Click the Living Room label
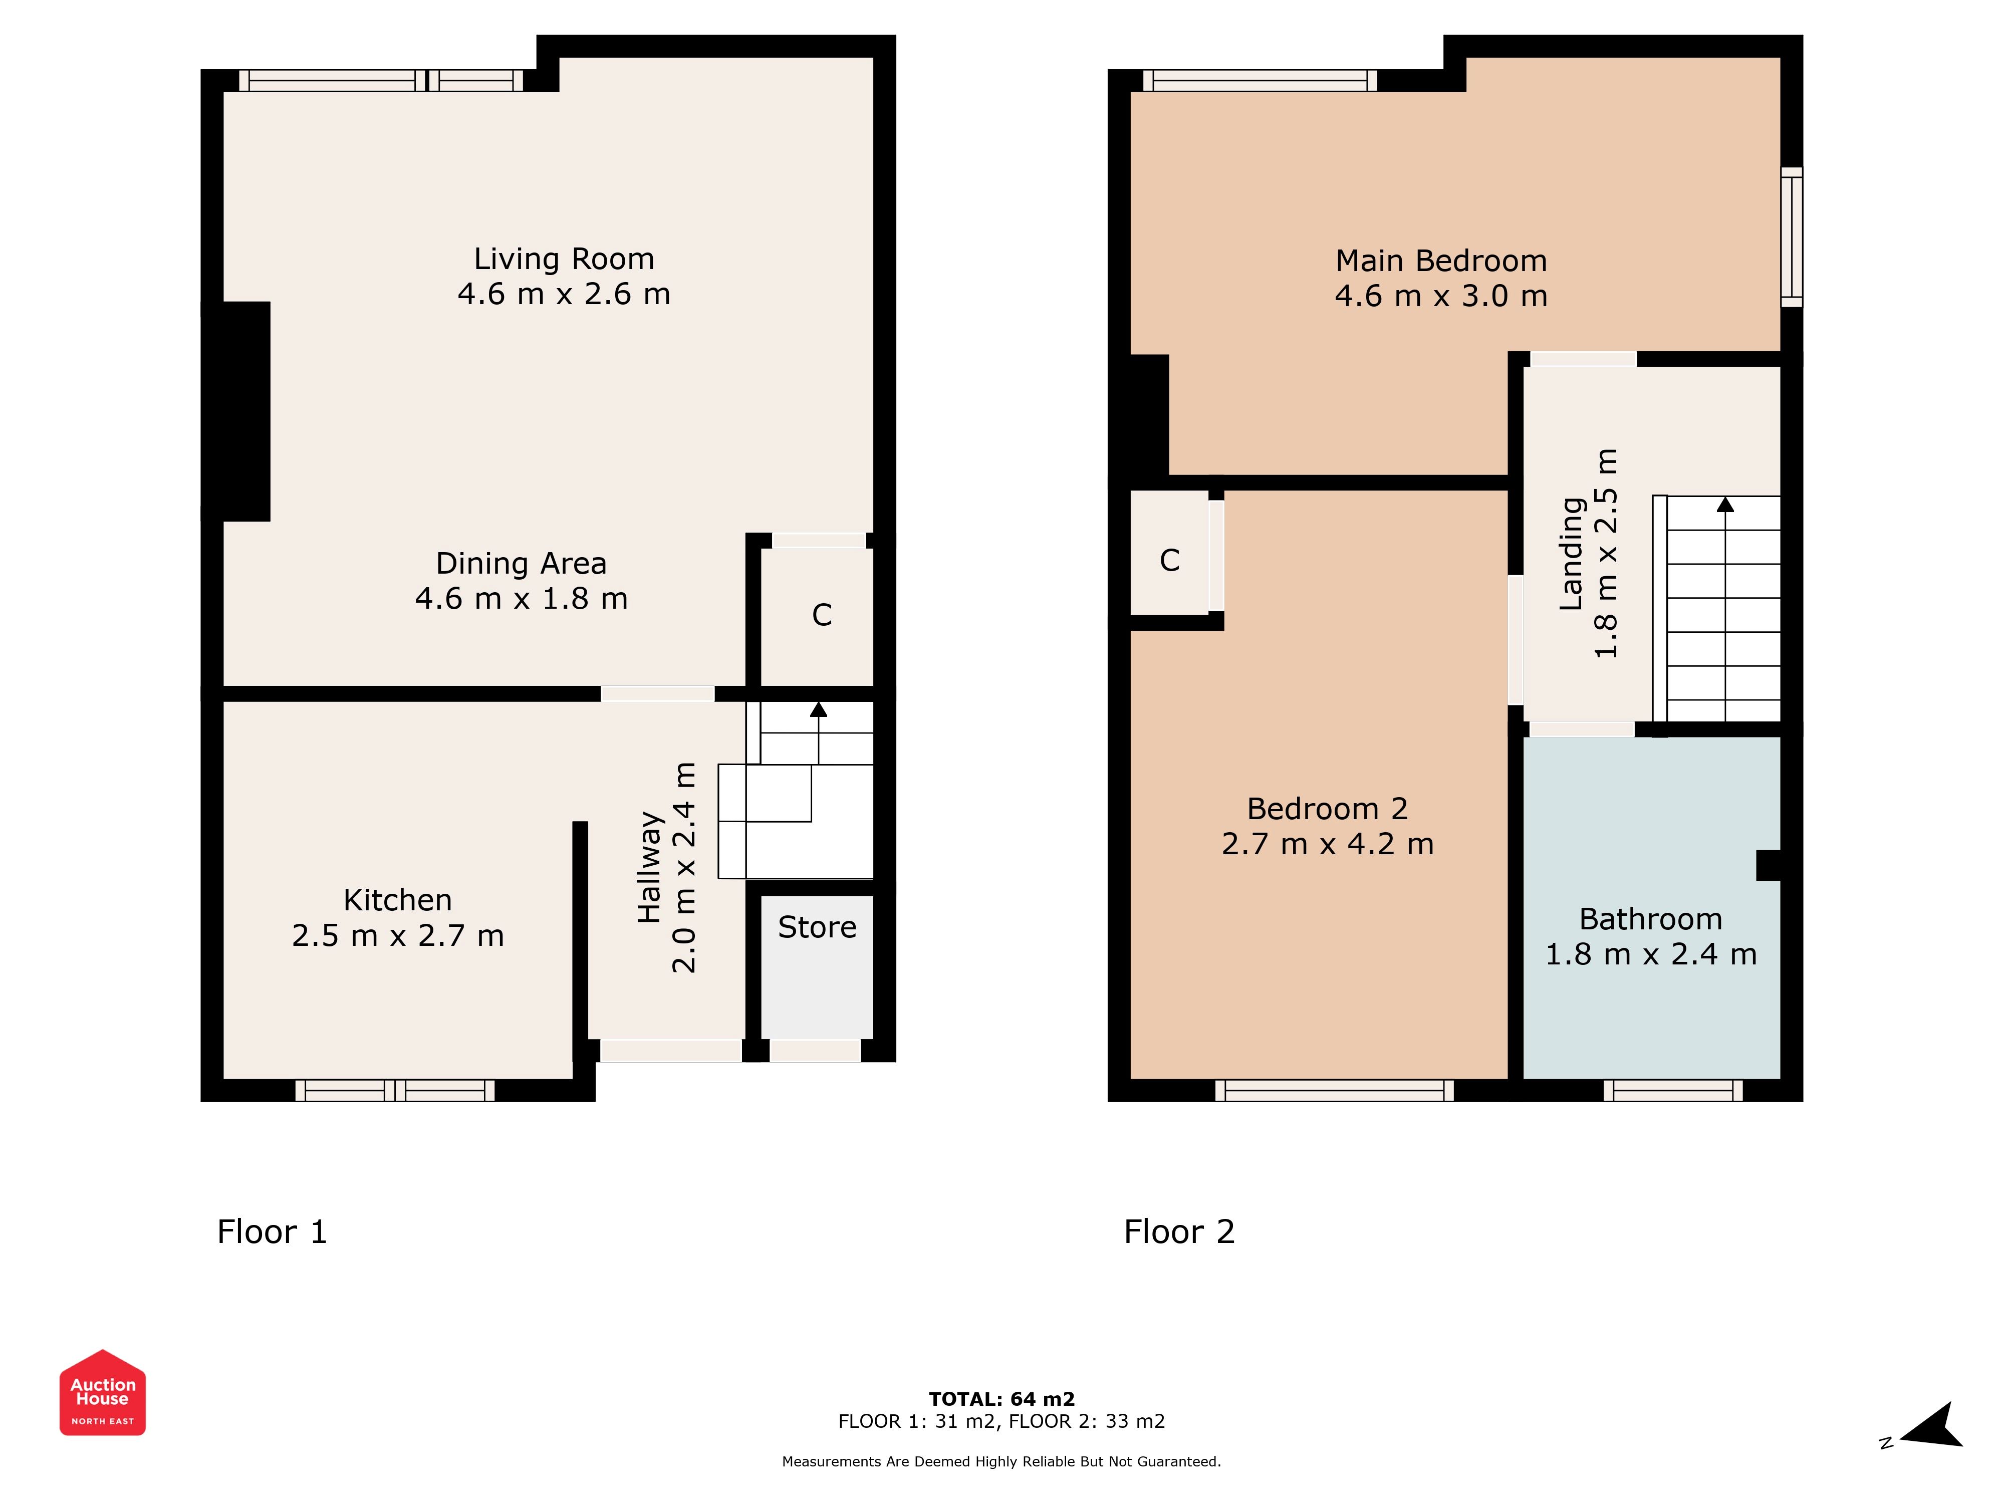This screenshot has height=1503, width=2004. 564,259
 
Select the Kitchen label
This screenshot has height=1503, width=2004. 398,900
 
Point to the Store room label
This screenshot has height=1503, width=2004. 817,927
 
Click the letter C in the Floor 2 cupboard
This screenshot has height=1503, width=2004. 1170,561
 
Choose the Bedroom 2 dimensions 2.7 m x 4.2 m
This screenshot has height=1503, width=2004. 1327,844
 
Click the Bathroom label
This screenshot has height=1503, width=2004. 1651,919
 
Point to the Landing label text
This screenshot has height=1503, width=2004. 1572,554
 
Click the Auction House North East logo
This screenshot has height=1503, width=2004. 102,1392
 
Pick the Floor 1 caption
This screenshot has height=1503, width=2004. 272,1232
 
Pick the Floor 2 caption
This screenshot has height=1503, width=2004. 1179,1232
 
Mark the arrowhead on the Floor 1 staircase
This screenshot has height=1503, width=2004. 818,709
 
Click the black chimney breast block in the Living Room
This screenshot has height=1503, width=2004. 246,411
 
